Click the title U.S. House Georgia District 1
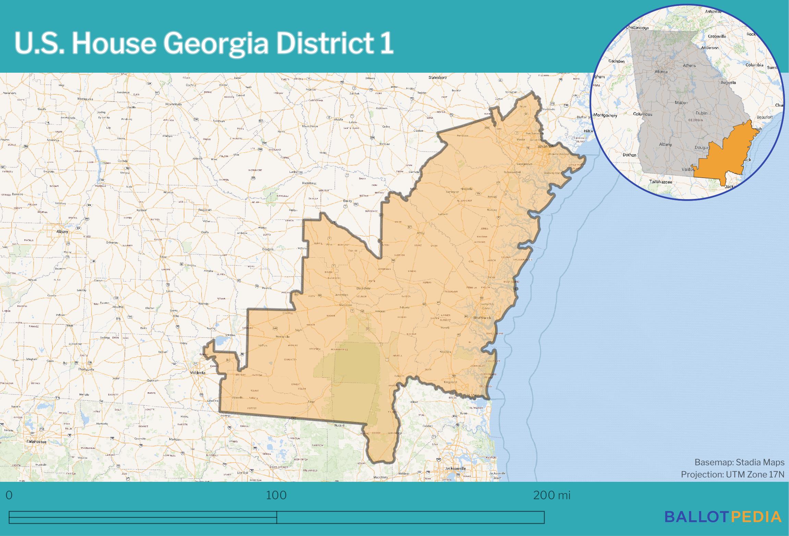click(204, 44)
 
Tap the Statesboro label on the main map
click(438, 78)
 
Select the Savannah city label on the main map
click(546, 146)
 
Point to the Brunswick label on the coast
click(482, 318)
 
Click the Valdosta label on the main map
click(197, 372)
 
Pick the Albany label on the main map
click(62, 231)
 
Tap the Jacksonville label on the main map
click(455, 468)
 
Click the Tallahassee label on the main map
click(36, 442)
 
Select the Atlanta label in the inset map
click(661, 72)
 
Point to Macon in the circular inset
click(681, 103)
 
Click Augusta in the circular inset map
click(728, 82)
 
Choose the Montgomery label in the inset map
click(605, 115)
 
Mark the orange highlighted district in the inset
click(723, 154)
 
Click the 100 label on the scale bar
click(276, 495)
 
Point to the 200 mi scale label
click(551, 495)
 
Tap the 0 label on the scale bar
click(9, 495)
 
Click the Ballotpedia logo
click(723, 517)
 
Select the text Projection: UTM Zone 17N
click(732, 475)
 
